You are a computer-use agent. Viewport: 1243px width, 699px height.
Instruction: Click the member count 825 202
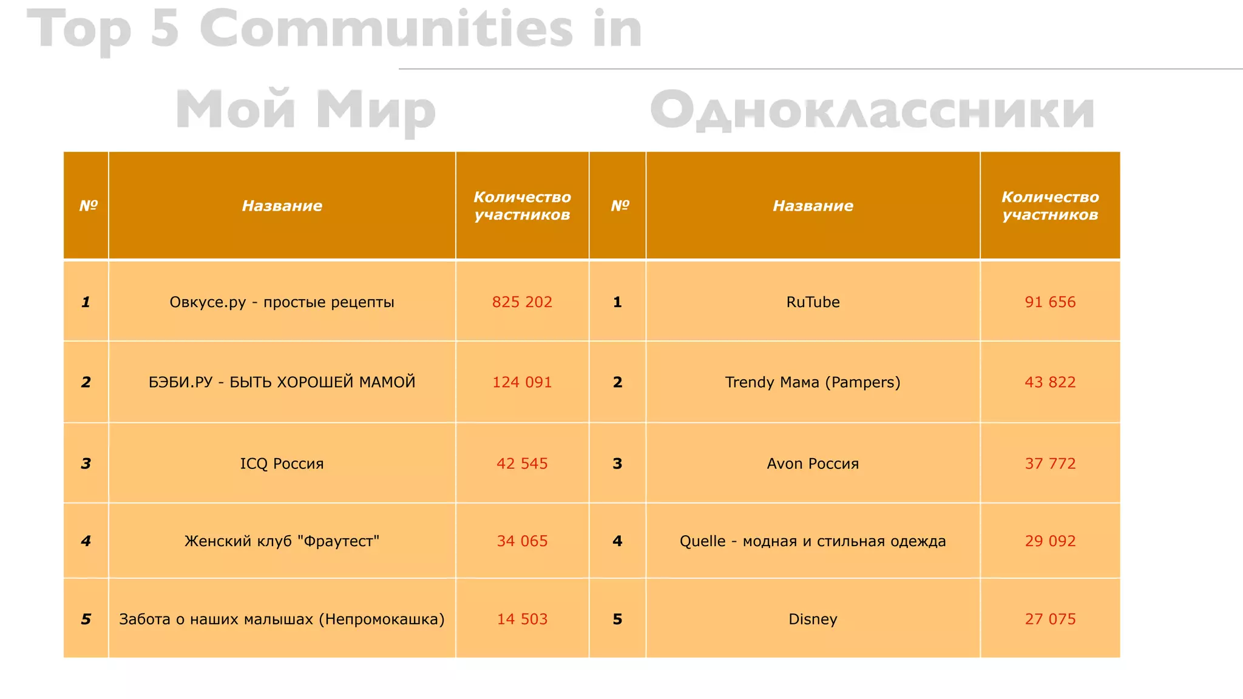click(x=522, y=302)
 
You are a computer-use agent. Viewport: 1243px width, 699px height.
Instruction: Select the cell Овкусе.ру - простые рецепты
click(x=282, y=302)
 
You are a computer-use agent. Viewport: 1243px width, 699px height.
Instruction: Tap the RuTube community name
click(x=813, y=302)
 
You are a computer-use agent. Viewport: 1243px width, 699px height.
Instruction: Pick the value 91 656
click(x=1050, y=302)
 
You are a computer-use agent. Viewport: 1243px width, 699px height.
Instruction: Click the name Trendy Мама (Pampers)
click(x=813, y=382)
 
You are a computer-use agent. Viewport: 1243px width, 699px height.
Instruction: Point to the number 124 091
click(x=522, y=382)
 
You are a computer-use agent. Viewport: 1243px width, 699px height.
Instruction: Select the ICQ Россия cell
click(x=282, y=464)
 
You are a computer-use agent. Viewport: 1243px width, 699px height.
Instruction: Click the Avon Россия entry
click(x=813, y=464)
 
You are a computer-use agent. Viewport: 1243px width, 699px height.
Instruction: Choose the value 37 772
click(x=1050, y=464)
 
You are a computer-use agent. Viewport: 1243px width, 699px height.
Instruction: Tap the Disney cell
click(x=813, y=619)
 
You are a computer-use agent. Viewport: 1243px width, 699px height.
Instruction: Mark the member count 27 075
click(x=1050, y=619)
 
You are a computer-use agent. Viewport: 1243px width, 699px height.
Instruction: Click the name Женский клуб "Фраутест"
click(x=282, y=541)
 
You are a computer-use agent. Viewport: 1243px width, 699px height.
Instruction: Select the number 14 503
click(x=522, y=619)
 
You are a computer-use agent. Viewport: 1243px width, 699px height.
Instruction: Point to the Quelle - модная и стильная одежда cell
click(x=813, y=541)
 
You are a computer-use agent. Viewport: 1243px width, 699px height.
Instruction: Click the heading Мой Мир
click(x=305, y=110)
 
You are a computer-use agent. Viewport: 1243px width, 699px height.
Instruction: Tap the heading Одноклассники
click(x=872, y=110)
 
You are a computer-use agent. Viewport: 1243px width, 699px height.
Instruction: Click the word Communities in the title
click(x=386, y=29)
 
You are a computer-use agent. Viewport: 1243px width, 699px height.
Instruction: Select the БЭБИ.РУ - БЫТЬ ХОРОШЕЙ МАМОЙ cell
click(x=282, y=382)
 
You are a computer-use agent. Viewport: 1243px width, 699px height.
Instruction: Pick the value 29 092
click(x=1050, y=541)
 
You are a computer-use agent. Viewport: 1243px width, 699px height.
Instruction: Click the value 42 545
click(x=522, y=464)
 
